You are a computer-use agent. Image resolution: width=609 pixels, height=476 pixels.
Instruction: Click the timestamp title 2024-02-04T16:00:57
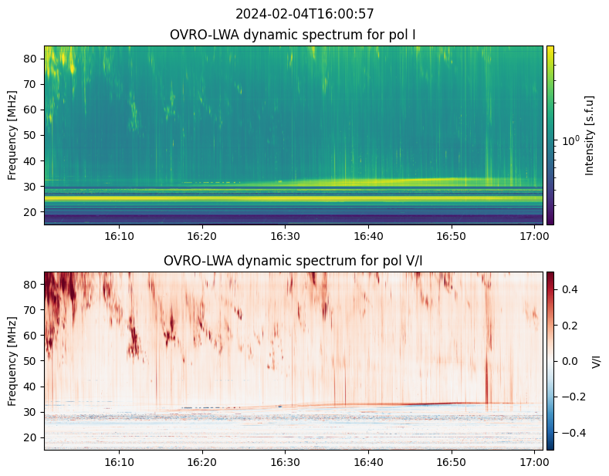click(x=304, y=14)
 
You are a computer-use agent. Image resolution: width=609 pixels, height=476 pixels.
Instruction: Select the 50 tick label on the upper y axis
click(x=34, y=135)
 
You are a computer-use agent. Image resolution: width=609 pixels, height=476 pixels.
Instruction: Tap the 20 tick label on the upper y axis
click(x=34, y=211)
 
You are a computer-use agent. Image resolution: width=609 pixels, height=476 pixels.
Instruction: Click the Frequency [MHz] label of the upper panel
click(x=13, y=135)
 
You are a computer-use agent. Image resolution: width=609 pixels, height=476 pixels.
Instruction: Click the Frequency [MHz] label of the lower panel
click(x=13, y=361)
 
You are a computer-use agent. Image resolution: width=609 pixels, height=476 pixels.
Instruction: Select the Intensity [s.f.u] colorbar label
click(x=590, y=135)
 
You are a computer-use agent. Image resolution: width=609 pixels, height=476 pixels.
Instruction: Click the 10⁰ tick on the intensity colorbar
click(x=570, y=140)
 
